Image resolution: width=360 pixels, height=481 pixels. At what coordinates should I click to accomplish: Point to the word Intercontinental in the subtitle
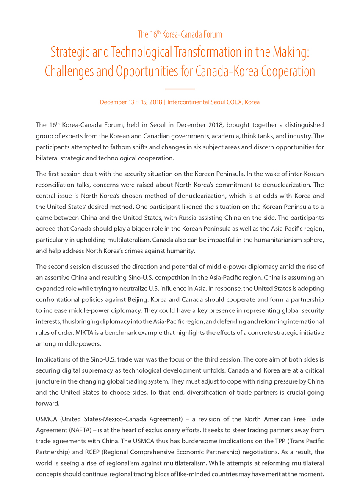pyautogui.click(x=189, y=102)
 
